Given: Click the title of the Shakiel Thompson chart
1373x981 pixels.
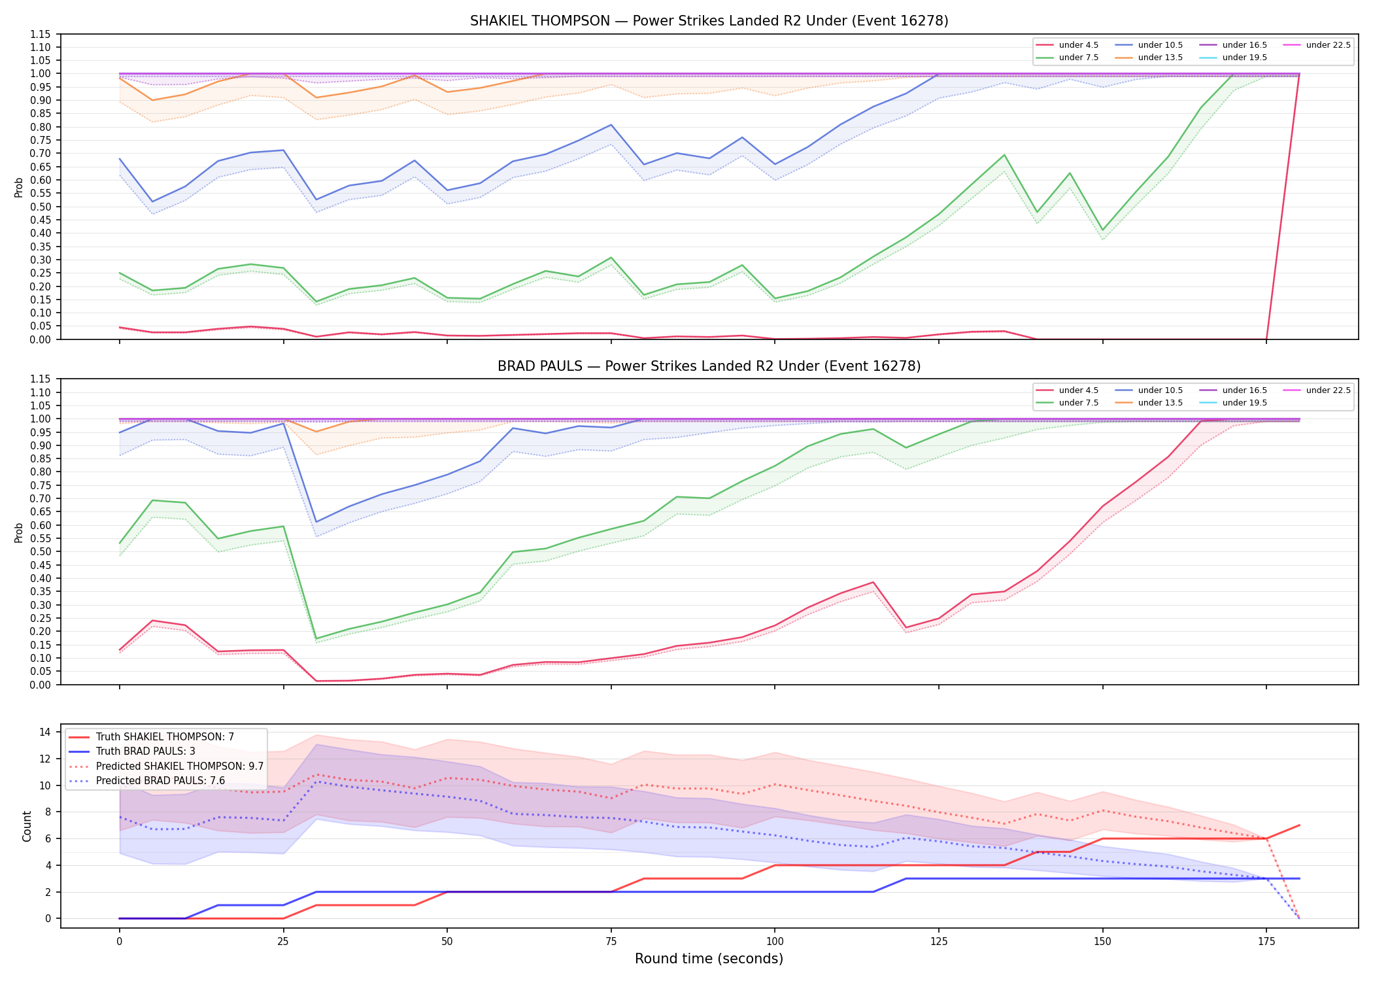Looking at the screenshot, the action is (x=709, y=21).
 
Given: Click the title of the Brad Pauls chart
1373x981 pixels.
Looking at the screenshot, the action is (x=709, y=366).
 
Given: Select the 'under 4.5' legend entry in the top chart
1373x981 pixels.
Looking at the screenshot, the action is (x=1068, y=45).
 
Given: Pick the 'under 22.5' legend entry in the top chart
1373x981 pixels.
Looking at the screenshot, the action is (x=1317, y=45).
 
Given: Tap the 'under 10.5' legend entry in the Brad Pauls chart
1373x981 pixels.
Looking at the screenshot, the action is (x=1149, y=390).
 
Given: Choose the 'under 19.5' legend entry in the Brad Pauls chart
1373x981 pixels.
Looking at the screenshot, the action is (x=1233, y=403).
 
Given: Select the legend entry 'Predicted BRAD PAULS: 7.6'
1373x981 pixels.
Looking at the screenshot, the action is (x=147, y=780).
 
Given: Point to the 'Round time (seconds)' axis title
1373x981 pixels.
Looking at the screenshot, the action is (x=709, y=959).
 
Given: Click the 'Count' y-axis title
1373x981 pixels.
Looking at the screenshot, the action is (x=27, y=826).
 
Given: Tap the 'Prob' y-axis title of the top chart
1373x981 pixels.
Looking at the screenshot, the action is (x=19, y=187).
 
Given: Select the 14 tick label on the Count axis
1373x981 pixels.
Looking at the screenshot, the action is (x=45, y=732).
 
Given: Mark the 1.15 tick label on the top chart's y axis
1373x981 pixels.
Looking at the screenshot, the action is (x=41, y=34).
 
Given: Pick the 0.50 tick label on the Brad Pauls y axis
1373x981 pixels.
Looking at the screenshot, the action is (x=41, y=551).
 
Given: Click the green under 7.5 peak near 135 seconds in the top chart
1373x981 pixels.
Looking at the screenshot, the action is (x=1004, y=155).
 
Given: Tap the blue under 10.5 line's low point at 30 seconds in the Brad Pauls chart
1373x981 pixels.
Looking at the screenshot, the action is (x=316, y=522).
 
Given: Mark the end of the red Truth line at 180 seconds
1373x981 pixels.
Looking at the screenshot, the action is (x=1299, y=825).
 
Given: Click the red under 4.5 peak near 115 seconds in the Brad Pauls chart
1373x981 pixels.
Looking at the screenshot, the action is (x=873, y=582).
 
